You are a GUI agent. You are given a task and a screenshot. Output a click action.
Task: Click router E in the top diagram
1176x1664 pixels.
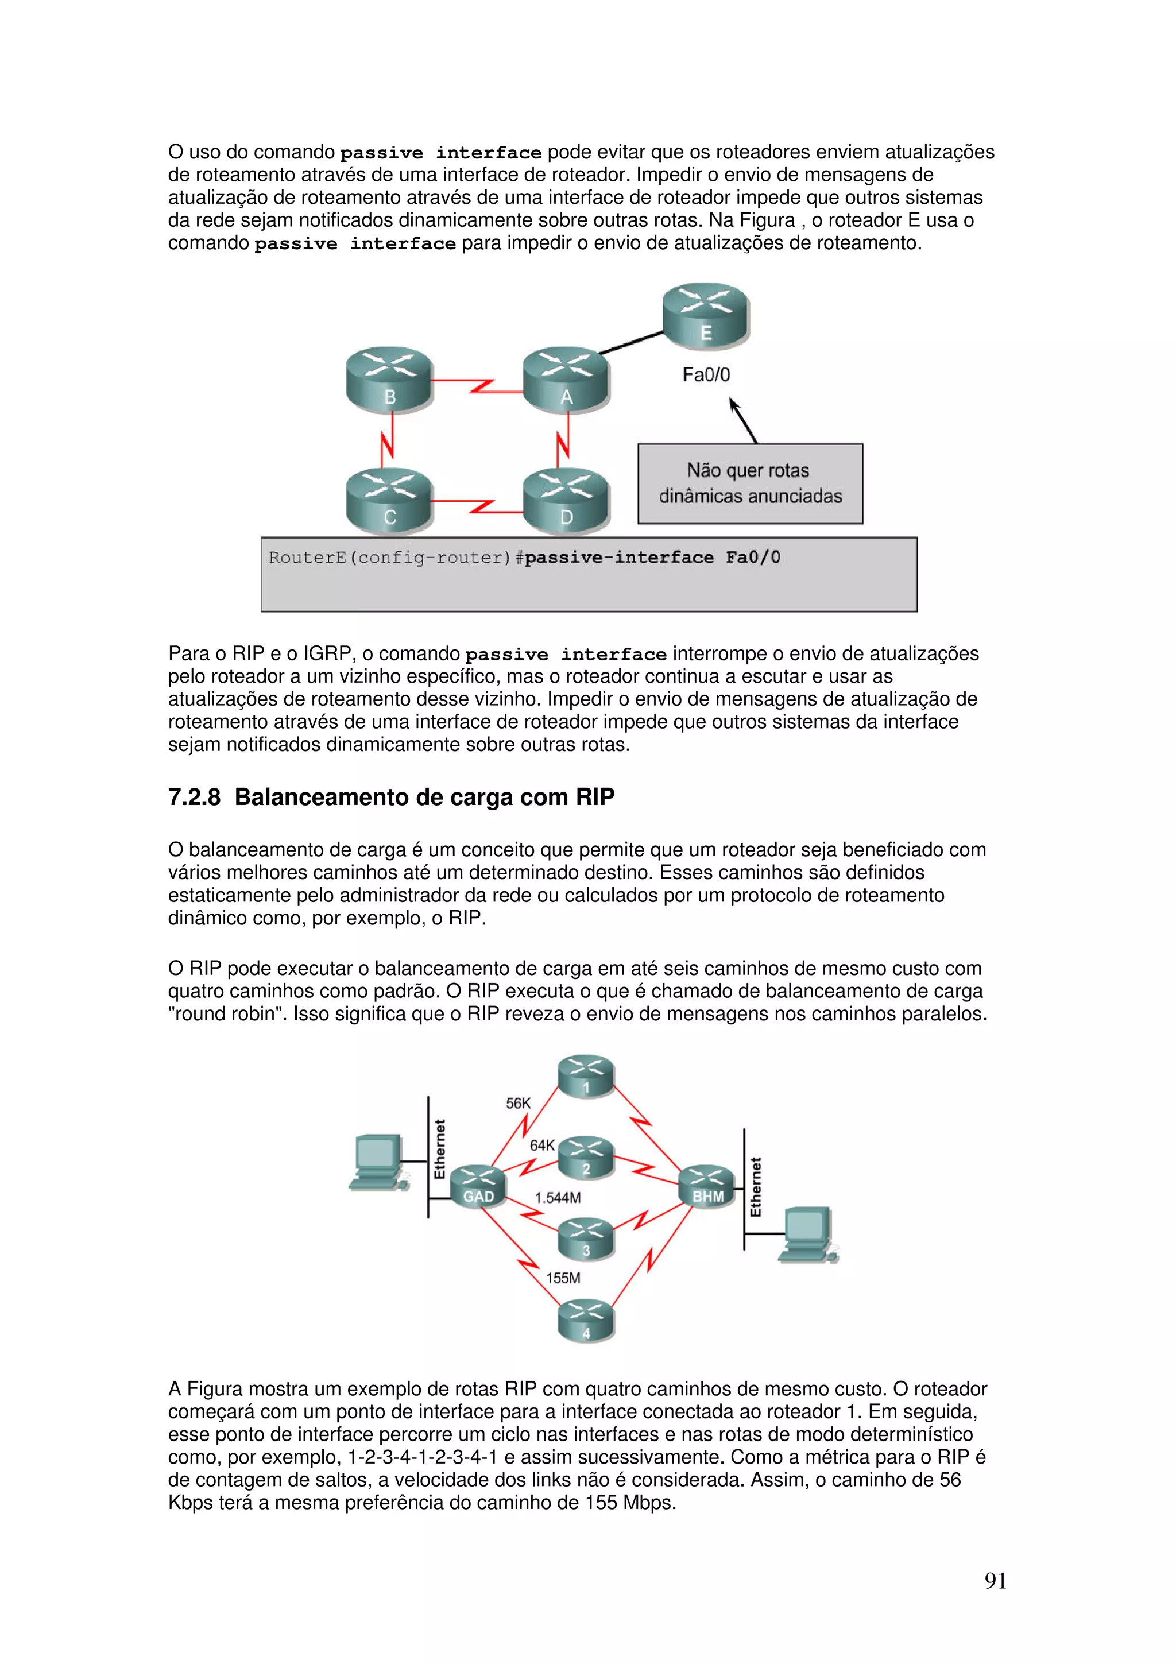(x=705, y=315)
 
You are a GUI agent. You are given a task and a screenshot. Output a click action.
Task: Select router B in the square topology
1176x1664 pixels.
(x=390, y=379)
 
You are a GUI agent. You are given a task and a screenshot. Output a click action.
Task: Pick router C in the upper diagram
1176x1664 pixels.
(x=390, y=500)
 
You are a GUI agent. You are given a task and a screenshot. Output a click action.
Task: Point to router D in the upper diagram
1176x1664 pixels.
(x=566, y=500)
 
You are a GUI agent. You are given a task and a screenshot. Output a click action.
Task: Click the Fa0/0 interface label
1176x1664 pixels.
(x=706, y=375)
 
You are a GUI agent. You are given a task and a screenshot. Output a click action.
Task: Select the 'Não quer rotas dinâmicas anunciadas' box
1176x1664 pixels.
(x=750, y=483)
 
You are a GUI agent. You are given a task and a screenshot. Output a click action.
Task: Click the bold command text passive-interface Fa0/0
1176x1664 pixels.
(x=652, y=558)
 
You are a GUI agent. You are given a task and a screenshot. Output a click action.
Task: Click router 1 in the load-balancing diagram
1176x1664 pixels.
(x=586, y=1075)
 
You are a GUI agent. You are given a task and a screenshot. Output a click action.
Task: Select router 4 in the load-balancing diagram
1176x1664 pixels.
(x=586, y=1322)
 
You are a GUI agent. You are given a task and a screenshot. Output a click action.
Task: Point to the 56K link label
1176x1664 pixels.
(x=518, y=1103)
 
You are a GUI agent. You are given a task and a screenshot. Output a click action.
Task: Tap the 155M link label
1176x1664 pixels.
(x=563, y=1278)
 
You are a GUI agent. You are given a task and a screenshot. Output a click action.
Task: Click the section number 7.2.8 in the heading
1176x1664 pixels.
(x=194, y=797)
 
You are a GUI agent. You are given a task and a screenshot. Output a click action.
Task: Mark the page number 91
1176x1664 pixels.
(x=996, y=1581)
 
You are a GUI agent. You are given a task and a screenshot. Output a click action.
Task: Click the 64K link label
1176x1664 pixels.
(x=542, y=1145)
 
